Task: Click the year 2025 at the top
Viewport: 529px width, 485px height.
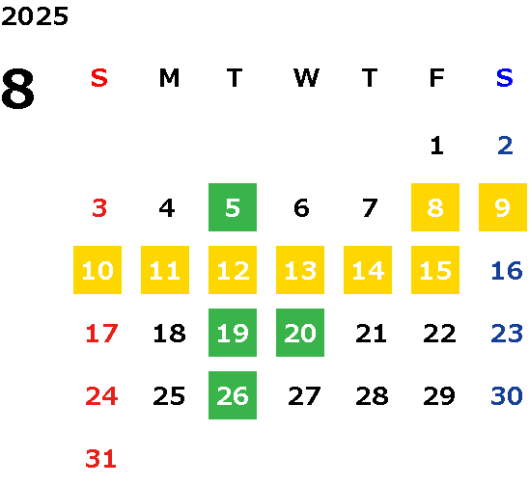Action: point(35,16)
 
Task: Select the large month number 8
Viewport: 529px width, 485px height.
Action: point(18,89)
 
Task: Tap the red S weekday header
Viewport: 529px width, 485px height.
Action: point(99,78)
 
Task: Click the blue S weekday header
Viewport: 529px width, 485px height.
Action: point(505,78)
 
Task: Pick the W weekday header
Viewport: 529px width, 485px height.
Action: point(306,78)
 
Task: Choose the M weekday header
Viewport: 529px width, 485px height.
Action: point(169,78)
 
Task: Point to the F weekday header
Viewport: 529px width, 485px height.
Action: point(437,78)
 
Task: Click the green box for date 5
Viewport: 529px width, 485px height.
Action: point(233,207)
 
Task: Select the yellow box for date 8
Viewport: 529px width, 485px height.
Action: point(435,207)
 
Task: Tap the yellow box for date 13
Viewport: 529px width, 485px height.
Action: point(300,270)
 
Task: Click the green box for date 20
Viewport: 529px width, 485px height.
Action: point(300,333)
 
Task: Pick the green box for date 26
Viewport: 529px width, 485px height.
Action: point(233,395)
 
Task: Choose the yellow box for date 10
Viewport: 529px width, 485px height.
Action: point(97,270)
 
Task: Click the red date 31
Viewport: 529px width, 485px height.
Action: point(100,458)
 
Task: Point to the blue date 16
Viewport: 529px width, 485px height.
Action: point(507,270)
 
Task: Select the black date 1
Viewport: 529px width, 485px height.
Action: point(437,146)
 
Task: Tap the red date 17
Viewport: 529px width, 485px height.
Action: point(101,334)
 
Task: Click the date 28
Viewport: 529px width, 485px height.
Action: point(372,395)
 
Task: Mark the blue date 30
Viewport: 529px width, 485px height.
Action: point(507,395)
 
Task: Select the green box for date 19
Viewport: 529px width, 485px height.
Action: point(233,333)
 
